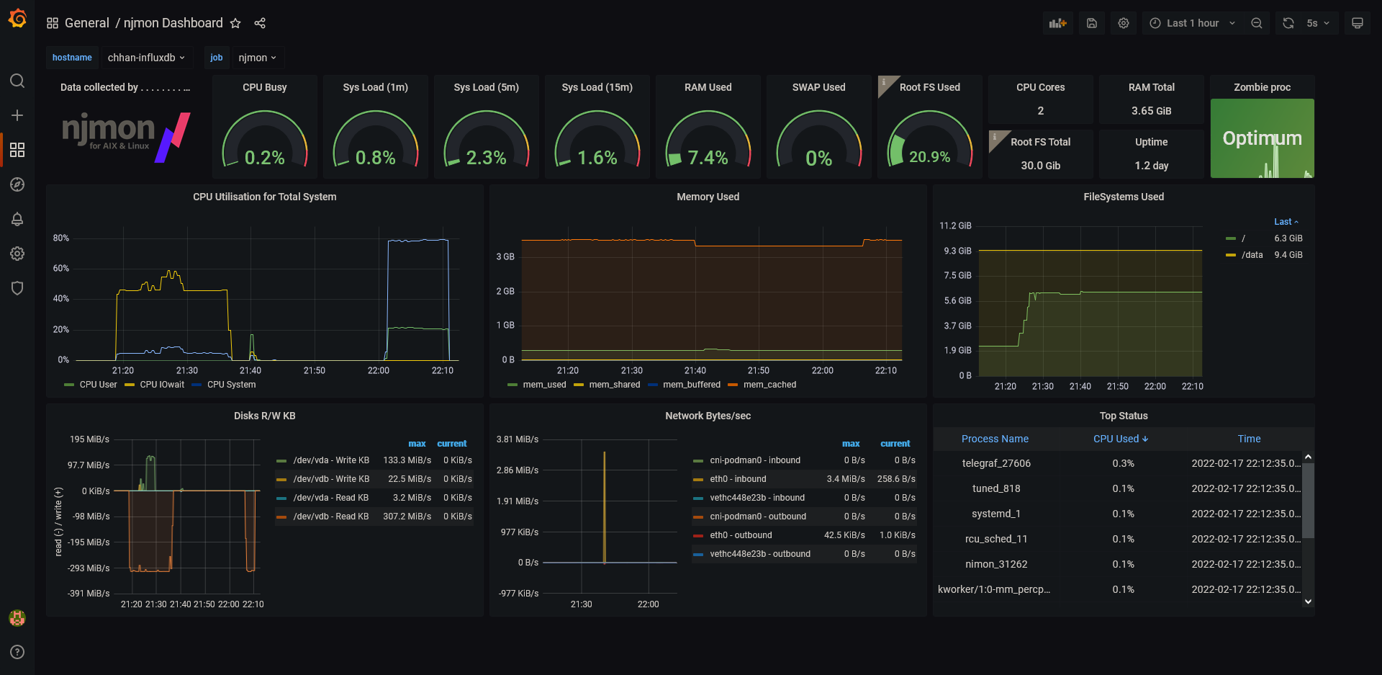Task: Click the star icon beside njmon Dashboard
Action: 235,23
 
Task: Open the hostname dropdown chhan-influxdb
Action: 146,58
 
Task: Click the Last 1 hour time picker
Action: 1192,23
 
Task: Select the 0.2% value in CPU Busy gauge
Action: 265,158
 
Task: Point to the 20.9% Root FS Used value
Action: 929,157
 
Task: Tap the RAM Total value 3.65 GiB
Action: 1152,111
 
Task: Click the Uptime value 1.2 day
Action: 1152,166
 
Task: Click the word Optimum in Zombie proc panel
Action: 1263,138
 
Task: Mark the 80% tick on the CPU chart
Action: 61,238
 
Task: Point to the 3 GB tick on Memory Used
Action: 505,256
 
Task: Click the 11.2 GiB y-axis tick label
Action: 955,225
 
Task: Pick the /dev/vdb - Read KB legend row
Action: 323,517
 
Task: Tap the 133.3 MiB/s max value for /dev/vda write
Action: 407,460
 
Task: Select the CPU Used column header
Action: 1121,439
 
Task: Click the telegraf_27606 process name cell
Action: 996,463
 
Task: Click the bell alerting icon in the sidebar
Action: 17,219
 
